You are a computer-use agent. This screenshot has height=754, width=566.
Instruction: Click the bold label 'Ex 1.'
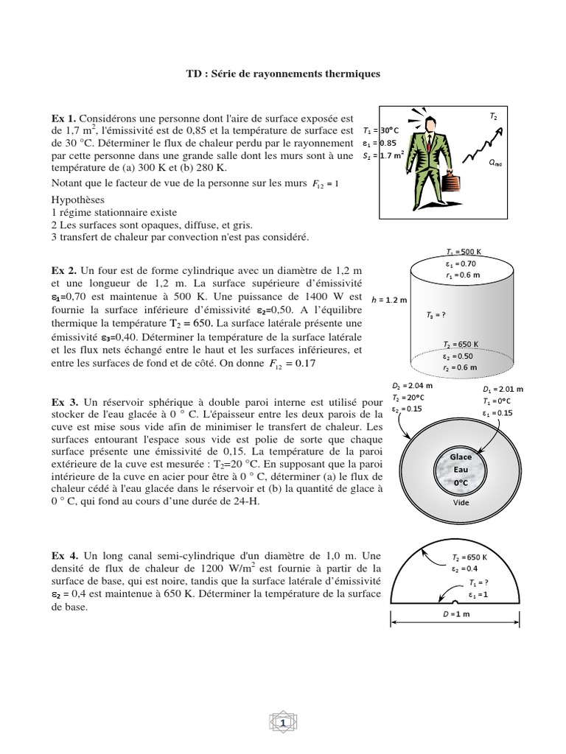[x=63, y=119]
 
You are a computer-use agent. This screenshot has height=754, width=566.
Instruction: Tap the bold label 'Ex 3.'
[x=64, y=403]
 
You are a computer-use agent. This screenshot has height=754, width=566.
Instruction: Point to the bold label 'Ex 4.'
[x=64, y=557]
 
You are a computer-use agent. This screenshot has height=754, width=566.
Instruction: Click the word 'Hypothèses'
[x=79, y=200]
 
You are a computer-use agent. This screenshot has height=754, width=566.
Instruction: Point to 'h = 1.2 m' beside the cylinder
[x=392, y=300]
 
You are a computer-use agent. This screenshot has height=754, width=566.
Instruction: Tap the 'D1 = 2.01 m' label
[x=503, y=389]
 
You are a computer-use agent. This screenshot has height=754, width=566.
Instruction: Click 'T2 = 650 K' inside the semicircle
[x=469, y=558]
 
